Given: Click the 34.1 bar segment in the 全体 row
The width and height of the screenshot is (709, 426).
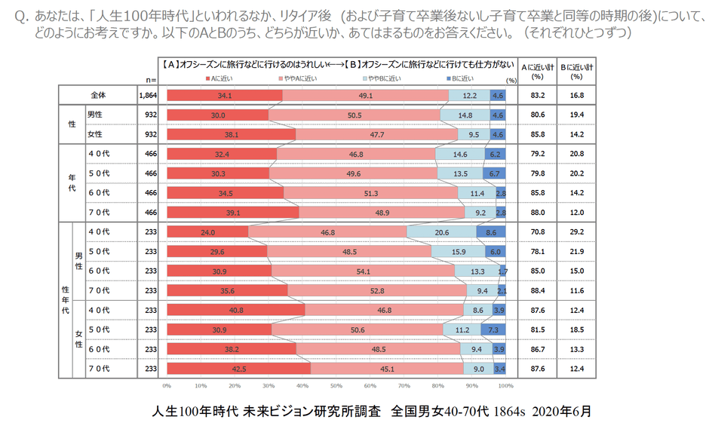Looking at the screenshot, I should [224, 96].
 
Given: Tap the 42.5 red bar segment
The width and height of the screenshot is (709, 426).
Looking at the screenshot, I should [238, 369].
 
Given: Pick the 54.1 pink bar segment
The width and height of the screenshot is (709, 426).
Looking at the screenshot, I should [363, 271].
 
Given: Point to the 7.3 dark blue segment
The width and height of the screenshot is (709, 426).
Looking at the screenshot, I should [493, 329].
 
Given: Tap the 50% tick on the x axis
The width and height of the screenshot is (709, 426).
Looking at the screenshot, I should [336, 385].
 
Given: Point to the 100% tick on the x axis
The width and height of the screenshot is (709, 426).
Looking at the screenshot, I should [505, 385].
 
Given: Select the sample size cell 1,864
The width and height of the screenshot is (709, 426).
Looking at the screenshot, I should [147, 96].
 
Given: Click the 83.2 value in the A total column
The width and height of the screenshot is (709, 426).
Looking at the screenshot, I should [538, 96].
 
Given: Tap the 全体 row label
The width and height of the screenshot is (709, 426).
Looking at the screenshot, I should [98, 96].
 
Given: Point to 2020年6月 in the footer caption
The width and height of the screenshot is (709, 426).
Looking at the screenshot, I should [561, 411].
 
